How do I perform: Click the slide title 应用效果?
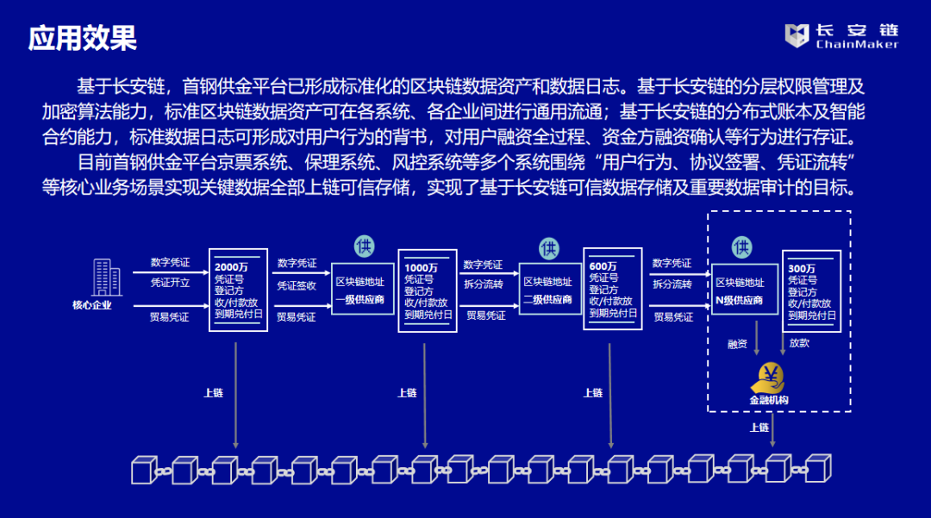pyautogui.click(x=83, y=38)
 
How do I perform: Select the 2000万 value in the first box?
pyautogui.click(x=231, y=266)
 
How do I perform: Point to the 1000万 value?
pyautogui.click(x=421, y=267)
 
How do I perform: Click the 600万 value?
pyautogui.click(x=603, y=266)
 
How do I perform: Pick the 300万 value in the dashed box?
pyautogui.click(x=802, y=268)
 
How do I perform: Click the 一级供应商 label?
pyautogui.click(x=359, y=300)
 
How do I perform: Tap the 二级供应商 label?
pyautogui.click(x=547, y=300)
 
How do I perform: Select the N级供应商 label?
pyautogui.click(x=740, y=301)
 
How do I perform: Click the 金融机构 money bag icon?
pyautogui.click(x=768, y=377)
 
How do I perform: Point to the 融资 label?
pyautogui.click(x=737, y=344)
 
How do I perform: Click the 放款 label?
pyautogui.click(x=799, y=343)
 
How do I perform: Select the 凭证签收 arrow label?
pyautogui.click(x=297, y=285)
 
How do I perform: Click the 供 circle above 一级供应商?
pyautogui.click(x=364, y=246)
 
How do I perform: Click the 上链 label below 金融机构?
pyautogui.click(x=759, y=428)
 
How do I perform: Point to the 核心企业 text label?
pyautogui.click(x=91, y=305)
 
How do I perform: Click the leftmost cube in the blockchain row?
pyautogui.click(x=141, y=471)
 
